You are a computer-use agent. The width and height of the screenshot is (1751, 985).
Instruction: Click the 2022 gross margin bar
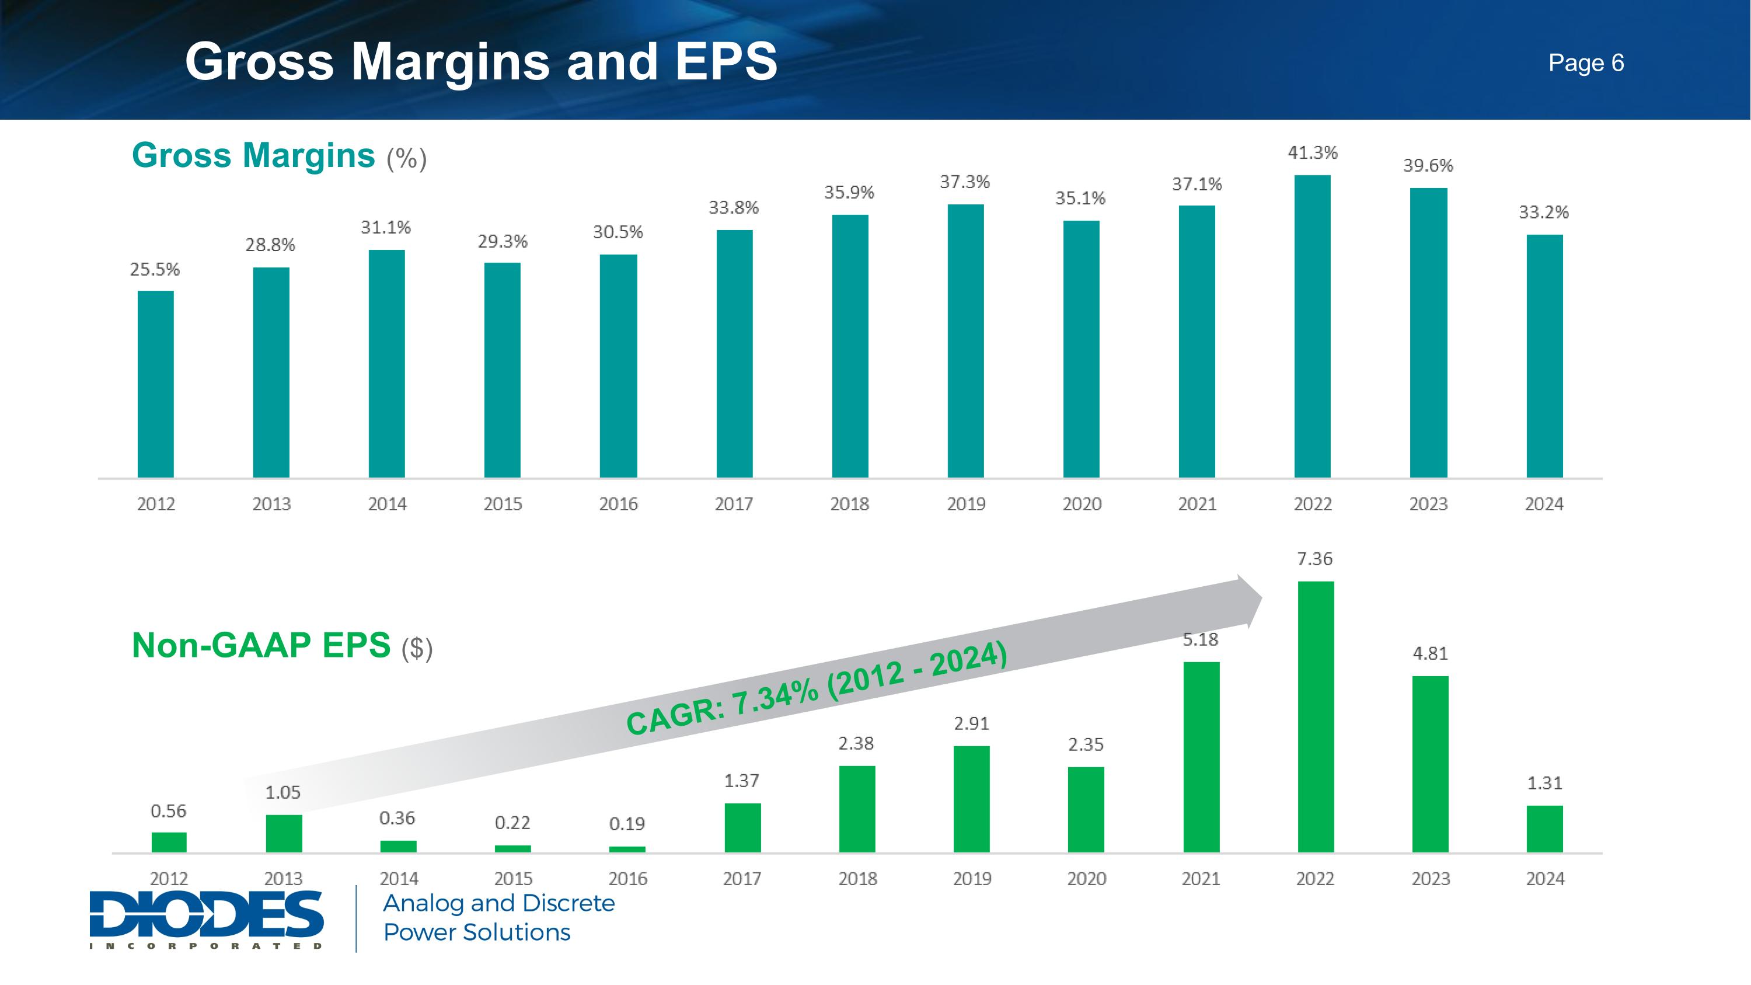click(x=1312, y=326)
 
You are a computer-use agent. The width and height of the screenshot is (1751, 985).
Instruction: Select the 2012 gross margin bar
click(x=156, y=384)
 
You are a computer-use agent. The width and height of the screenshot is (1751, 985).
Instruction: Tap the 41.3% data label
click(x=1313, y=153)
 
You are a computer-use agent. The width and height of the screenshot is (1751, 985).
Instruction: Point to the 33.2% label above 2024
click(x=1544, y=212)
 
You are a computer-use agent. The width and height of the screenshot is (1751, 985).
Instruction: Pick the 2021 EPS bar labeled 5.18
click(x=1201, y=757)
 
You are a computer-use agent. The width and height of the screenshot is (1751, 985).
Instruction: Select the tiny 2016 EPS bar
click(x=627, y=849)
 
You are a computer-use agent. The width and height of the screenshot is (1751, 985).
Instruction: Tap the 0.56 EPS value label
click(x=168, y=811)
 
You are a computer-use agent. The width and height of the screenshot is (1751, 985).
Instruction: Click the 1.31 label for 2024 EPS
click(x=1544, y=783)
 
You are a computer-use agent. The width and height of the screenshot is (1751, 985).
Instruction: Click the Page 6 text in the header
click(x=1586, y=62)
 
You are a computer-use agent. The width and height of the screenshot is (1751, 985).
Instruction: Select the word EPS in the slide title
click(x=726, y=61)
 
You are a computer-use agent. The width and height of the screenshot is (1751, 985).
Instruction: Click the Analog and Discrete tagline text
click(x=498, y=903)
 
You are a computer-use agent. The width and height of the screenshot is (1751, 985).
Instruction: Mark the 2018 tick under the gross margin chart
click(x=850, y=504)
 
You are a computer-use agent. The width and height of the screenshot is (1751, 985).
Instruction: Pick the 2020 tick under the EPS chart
click(x=1086, y=878)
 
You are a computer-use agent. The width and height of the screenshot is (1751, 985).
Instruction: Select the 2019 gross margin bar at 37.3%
click(x=965, y=340)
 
